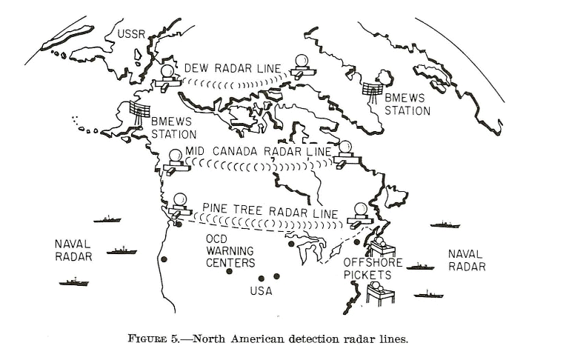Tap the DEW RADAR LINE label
click(232, 68)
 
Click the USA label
click(260, 291)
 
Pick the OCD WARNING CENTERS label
click(230, 252)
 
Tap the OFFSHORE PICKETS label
click(373, 268)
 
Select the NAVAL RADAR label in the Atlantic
click(467, 260)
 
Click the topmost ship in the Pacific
click(108, 220)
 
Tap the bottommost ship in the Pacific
click(74, 281)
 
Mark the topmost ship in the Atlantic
click(445, 224)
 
